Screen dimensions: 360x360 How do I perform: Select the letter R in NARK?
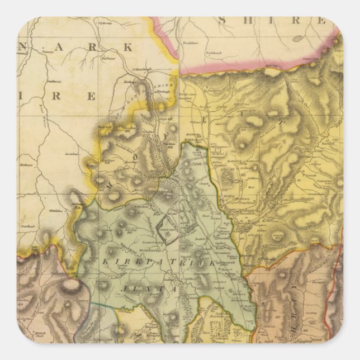pos(99,47)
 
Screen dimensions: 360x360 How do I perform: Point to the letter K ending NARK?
pos(127,48)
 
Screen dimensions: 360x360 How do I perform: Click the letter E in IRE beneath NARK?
pos(91,96)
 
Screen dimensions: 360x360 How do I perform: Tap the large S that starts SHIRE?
pos(222,21)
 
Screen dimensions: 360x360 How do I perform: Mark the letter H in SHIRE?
pos(248,21)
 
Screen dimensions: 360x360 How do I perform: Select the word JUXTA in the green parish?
pos(154,290)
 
